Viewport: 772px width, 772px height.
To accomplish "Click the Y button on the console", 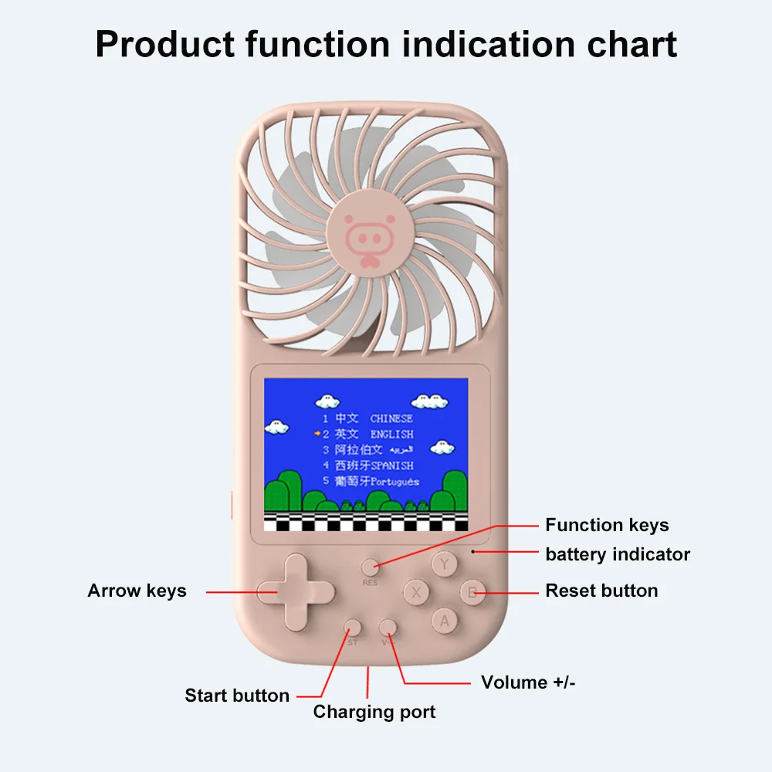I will tap(444, 564).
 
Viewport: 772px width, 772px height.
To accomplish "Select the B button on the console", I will tap(472, 593).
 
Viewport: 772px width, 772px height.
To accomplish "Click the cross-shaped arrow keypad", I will tap(296, 592).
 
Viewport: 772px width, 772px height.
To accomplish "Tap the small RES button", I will tap(371, 567).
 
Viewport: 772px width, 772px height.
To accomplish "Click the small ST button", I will tap(353, 627).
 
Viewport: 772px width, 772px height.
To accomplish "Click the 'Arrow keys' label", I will tap(137, 591).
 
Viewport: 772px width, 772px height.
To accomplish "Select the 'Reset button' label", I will tap(601, 591).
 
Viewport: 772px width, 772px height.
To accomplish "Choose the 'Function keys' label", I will tap(607, 526).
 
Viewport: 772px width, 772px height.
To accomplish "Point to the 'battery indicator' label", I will tap(618, 554).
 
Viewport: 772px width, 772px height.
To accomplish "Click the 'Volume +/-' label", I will tap(528, 682).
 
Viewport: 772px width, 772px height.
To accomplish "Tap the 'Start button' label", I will tap(237, 696).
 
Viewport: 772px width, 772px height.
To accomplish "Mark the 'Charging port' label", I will tap(374, 712).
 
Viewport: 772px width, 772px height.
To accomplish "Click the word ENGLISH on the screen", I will tap(391, 435).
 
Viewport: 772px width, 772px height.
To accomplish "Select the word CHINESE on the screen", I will tap(391, 418).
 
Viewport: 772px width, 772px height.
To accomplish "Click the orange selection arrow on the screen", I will tap(317, 434).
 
